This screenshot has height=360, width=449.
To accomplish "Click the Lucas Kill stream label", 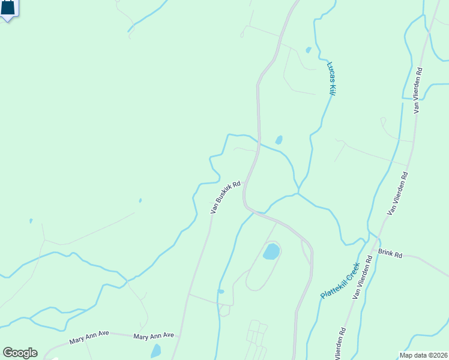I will pyautogui.click(x=331, y=78).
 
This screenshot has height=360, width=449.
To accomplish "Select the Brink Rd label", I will pyautogui.click(x=390, y=253).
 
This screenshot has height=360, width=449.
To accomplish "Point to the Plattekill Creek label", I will pyautogui.click(x=340, y=281).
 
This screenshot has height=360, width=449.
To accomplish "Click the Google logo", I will pyautogui.click(x=20, y=353).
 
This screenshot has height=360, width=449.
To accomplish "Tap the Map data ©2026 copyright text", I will pyautogui.click(x=423, y=355).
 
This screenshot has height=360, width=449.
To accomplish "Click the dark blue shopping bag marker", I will pyautogui.click(x=7, y=8).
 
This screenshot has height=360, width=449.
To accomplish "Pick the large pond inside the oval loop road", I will pyautogui.click(x=271, y=251).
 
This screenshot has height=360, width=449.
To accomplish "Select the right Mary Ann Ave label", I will pyautogui.click(x=154, y=335).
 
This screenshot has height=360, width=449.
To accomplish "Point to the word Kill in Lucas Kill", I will pyautogui.click(x=332, y=89).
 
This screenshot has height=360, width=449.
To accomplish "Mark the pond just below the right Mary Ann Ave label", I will pyautogui.click(x=156, y=351).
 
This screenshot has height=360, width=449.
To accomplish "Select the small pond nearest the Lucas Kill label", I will pyautogui.click(x=309, y=50).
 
